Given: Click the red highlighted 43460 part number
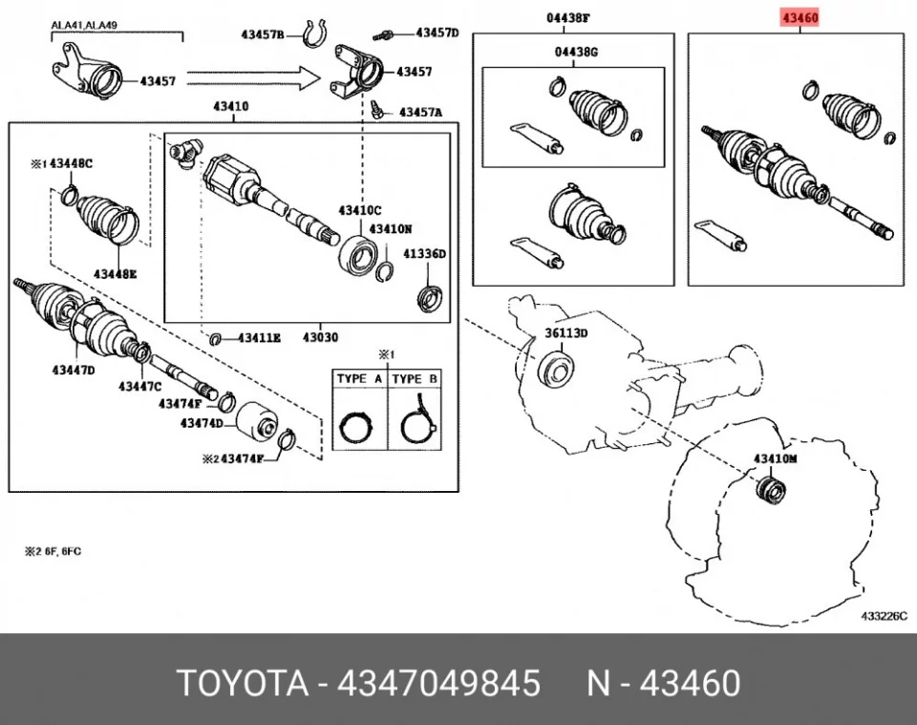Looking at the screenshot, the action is [x=800, y=17].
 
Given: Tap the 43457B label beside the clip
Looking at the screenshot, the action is [x=263, y=34].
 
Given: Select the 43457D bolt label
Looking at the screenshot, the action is [x=437, y=32].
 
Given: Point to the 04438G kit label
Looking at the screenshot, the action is [x=576, y=52].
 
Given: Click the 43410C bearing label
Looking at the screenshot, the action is [x=360, y=210].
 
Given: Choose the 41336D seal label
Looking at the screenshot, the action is [x=424, y=254].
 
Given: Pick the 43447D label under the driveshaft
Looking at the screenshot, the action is [x=74, y=370].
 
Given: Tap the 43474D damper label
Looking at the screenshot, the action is [x=202, y=423].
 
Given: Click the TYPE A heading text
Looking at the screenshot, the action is [x=359, y=379].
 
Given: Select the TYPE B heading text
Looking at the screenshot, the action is [x=415, y=379].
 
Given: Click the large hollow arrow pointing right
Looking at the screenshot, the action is [x=254, y=77].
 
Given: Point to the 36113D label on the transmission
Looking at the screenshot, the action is [x=566, y=333].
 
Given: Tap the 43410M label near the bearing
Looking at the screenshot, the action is [x=775, y=458].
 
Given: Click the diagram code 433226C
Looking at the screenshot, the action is [x=884, y=616].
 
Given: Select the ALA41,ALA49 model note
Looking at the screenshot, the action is [x=84, y=25].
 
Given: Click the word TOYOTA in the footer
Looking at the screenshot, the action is [x=243, y=683].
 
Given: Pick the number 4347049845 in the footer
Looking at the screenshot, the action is [x=438, y=683].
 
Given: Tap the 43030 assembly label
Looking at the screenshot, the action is [x=321, y=337].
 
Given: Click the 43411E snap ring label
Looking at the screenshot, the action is [x=259, y=338].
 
